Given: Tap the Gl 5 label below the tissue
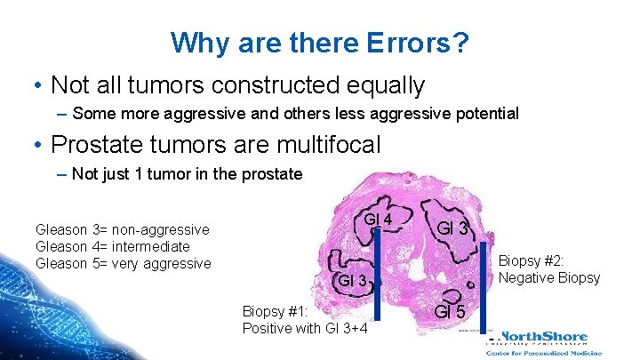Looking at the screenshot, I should (449, 311).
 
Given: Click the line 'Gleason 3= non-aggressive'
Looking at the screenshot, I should (123, 230).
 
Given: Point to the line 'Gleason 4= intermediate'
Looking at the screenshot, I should (113, 246).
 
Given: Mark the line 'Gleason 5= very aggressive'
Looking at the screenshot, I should (124, 263).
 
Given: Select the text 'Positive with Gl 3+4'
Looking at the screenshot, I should (305, 329).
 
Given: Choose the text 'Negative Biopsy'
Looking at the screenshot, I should (549, 278).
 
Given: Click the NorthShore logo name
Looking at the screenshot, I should (544, 337).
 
